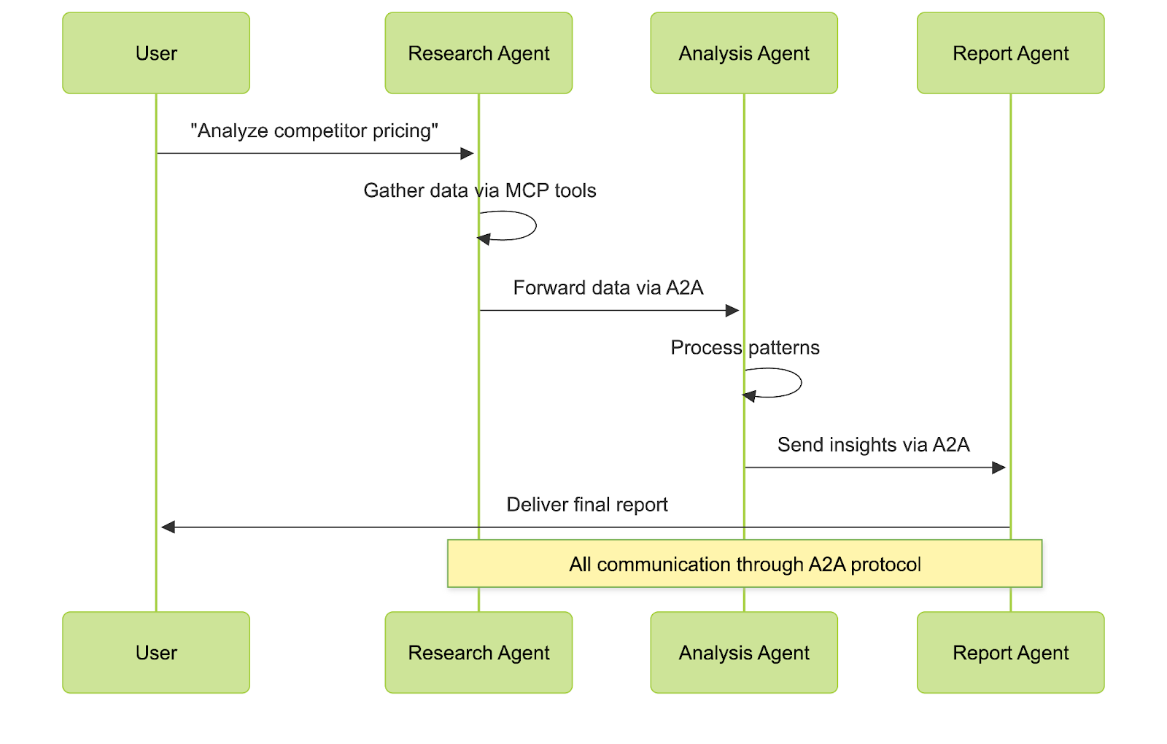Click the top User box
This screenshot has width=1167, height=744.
(x=156, y=53)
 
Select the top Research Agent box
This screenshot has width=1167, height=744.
(x=478, y=53)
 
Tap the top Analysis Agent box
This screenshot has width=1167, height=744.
(x=744, y=53)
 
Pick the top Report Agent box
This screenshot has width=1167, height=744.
(x=1010, y=53)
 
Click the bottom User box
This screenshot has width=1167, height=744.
(x=156, y=652)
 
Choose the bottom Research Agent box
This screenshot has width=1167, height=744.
(x=478, y=652)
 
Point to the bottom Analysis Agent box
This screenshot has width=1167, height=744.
(x=744, y=652)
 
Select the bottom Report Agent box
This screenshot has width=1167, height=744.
(x=1010, y=652)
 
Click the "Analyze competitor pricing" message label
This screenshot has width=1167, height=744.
(x=314, y=131)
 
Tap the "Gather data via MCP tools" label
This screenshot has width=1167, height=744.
(x=480, y=190)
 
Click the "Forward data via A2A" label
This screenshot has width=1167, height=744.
(x=608, y=287)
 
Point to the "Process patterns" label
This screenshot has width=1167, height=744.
(x=745, y=347)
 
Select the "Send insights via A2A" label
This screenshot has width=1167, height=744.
(x=873, y=444)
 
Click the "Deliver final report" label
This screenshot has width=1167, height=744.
(x=587, y=504)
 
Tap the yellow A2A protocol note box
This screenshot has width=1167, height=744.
(x=745, y=564)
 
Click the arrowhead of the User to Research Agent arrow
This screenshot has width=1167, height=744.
(x=468, y=153)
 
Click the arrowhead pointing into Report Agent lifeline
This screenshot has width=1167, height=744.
(x=999, y=468)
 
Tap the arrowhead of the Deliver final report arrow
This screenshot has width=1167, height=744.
(x=168, y=527)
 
